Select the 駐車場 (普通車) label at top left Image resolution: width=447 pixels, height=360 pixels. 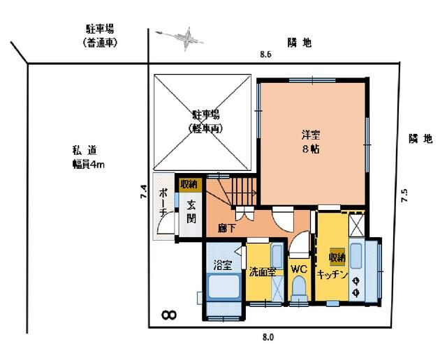pos(100,36)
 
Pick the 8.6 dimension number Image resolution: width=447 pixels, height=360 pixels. pos(265,54)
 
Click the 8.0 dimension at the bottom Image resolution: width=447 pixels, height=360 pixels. pos(268,337)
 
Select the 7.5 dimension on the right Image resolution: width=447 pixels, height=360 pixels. pos(404,195)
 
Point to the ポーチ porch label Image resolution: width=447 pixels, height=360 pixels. pos(163,202)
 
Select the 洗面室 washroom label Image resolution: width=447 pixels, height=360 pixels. pos(262,272)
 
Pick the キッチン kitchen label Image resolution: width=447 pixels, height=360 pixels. pos(332,274)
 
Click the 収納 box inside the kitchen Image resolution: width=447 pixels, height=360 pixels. pos(337,257)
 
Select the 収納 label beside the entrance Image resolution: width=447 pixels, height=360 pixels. pos(188,185)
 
